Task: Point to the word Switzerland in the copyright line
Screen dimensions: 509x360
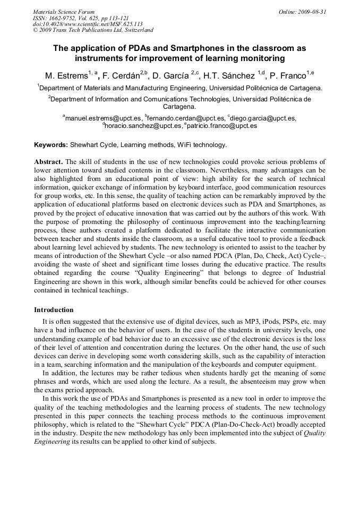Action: coord(135,31)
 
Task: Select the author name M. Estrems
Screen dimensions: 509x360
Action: coord(65,76)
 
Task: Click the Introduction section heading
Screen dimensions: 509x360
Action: coord(54,310)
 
